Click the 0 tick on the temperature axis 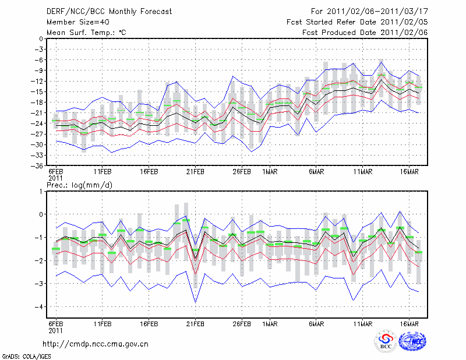point(40,39)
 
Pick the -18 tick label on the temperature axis point(38,103)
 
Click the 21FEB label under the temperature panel point(195,172)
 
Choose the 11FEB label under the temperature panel point(103,172)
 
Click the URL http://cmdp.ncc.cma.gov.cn point(96,344)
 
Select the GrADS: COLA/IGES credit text point(25,355)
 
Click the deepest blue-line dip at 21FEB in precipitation point(195,302)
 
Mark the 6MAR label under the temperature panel point(316,172)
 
